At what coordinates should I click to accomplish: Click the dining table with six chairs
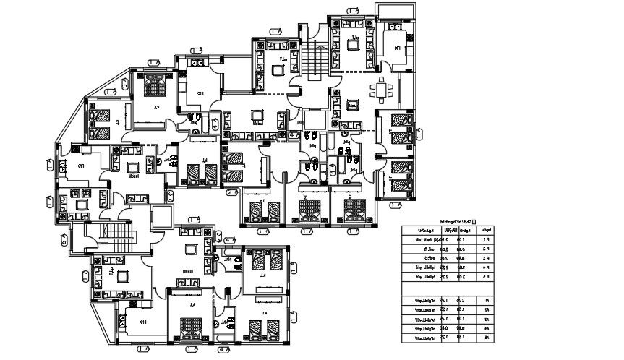[x=381, y=91]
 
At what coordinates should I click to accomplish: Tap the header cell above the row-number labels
[x=487, y=231]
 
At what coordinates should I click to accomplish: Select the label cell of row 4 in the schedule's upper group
[x=487, y=267]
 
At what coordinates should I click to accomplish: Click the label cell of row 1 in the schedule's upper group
[x=487, y=239]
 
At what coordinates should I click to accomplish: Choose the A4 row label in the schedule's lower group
[x=487, y=328]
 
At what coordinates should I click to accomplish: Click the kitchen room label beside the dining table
[x=396, y=48]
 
